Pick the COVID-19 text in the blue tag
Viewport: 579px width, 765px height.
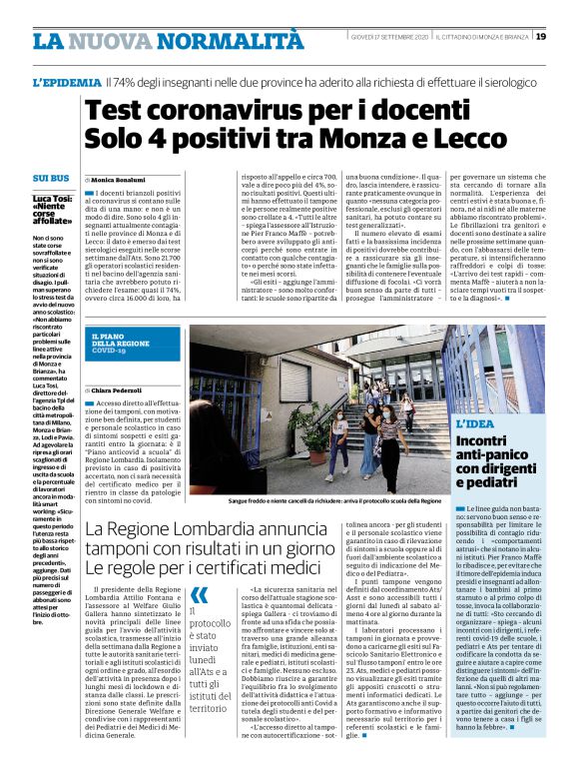111,352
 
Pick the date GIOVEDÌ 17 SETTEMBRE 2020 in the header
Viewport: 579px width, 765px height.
388,37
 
